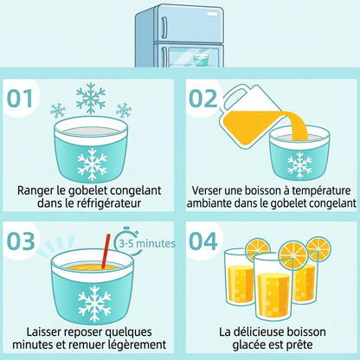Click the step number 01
tap(19, 99)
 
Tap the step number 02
tap(202, 99)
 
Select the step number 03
tap(21, 241)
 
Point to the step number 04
tap(202, 241)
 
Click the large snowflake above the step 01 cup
tap(91, 99)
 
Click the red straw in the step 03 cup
tap(106, 251)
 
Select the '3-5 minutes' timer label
tap(147, 244)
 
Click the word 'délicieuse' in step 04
tap(257, 332)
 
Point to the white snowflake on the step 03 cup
tap(94, 304)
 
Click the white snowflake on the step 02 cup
tap(299, 165)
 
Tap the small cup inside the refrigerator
tap(201, 60)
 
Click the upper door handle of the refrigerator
tap(164, 27)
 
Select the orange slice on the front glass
tap(293, 256)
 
